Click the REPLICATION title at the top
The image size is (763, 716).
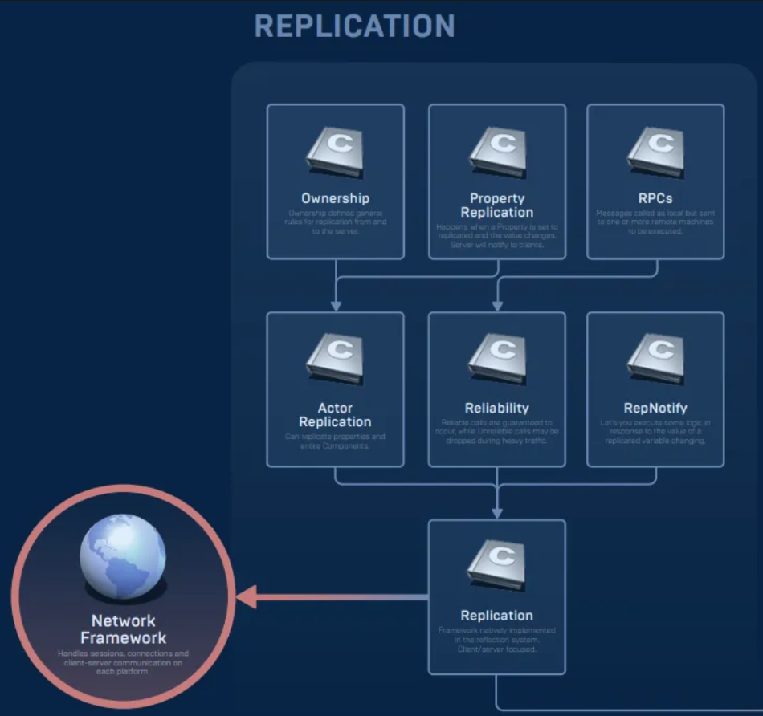click(354, 26)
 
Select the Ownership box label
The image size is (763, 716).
click(335, 198)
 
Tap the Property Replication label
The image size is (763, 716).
click(496, 205)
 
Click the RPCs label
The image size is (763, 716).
click(655, 198)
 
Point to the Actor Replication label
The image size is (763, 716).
click(335, 415)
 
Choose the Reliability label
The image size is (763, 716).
click(496, 408)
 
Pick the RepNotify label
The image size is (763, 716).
click(655, 408)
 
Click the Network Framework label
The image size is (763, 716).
click(123, 629)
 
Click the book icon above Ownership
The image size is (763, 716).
click(335, 153)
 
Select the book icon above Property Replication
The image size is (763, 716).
click(497, 153)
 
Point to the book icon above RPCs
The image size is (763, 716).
click(655, 153)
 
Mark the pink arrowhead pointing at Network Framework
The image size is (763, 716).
click(246, 597)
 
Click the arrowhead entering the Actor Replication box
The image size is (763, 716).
click(336, 305)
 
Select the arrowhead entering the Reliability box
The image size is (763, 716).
click(497, 305)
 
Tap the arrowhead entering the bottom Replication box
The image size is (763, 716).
click(497, 512)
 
